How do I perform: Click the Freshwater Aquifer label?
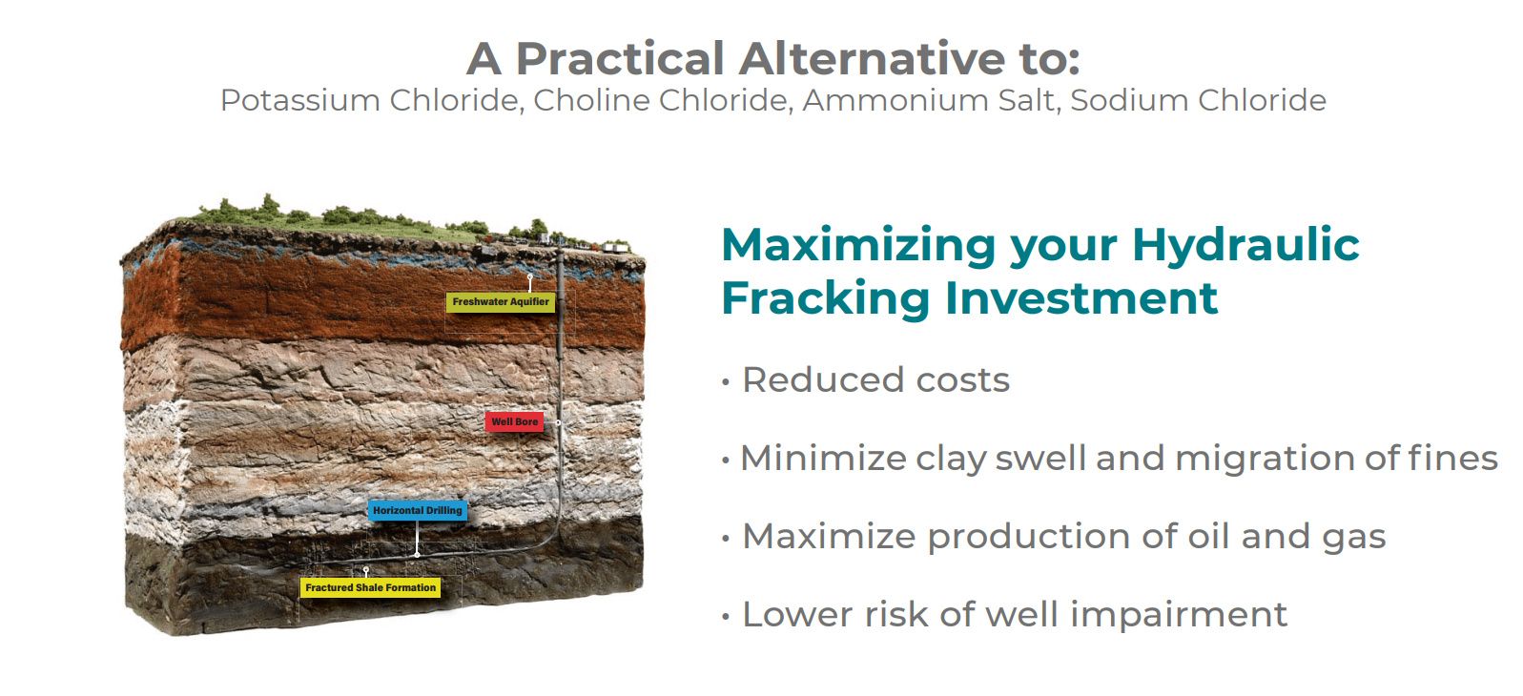[x=501, y=302]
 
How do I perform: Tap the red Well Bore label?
[x=514, y=421]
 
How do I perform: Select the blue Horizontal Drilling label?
[x=418, y=511]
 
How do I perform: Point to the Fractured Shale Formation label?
[x=371, y=588]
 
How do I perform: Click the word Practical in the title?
[x=620, y=59]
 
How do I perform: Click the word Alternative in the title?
[x=872, y=59]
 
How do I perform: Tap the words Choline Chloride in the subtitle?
[x=661, y=100]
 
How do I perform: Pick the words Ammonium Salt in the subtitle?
[x=930, y=100]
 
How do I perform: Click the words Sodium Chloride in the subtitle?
[x=1198, y=100]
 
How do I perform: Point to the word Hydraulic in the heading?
[x=1245, y=245]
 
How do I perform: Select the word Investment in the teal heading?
[x=1081, y=298]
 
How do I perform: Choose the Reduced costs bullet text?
[x=875, y=380]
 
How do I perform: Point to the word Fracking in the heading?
[x=826, y=298]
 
